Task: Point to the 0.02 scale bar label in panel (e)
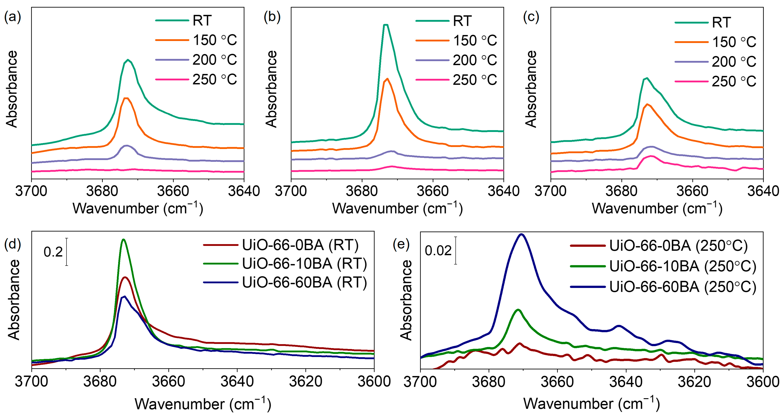438,251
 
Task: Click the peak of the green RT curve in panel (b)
386,25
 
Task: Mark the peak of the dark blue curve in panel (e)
522,234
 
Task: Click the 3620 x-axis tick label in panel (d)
305,382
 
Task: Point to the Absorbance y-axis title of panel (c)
531,89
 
